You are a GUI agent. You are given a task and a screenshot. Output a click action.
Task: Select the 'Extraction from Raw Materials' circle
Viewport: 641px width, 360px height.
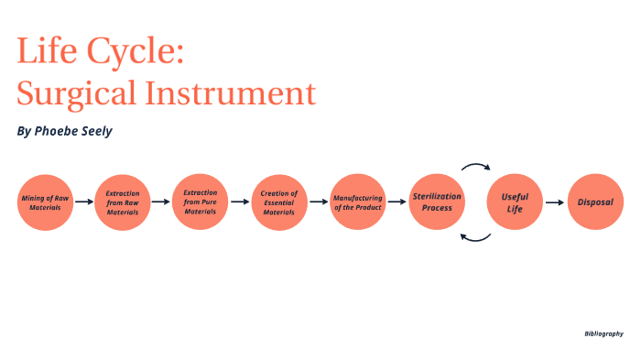coord(122,202)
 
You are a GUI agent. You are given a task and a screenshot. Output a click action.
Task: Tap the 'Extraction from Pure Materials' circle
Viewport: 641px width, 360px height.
coord(200,202)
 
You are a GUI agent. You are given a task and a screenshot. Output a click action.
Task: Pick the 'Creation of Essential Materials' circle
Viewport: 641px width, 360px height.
coord(279,202)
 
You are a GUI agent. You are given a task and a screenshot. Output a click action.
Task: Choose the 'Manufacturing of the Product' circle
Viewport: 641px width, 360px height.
coord(357,202)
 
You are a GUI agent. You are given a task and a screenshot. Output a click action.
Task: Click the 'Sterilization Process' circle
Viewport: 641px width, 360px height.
coord(437,202)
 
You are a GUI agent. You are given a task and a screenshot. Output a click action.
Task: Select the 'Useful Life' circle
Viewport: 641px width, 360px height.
coord(516,202)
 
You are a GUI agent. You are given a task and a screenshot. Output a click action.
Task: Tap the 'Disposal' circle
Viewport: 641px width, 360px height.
coord(594,202)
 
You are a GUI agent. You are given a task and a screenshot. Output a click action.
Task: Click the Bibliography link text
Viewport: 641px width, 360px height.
coord(603,333)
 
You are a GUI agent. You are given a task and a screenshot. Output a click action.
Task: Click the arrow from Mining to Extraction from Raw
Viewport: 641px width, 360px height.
coord(83,202)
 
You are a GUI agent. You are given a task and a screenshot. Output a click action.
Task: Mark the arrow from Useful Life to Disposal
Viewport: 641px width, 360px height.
coord(556,202)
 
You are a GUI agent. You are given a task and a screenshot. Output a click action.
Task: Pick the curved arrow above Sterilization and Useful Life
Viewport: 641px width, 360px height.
coord(476,168)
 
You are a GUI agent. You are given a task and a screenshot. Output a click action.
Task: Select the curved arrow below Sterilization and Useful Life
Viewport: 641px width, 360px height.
coord(475,237)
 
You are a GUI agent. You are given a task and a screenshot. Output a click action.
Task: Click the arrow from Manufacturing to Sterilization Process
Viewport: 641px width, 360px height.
coord(397,202)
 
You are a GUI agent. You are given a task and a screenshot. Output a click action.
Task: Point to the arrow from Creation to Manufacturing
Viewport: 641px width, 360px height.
coord(319,202)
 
